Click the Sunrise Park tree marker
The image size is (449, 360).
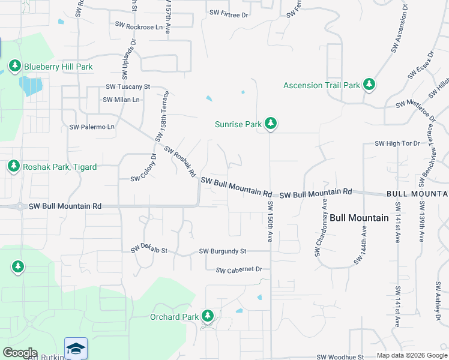click(x=271, y=124)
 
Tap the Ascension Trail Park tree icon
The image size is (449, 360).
click(x=369, y=85)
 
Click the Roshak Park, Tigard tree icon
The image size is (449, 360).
click(x=14, y=166)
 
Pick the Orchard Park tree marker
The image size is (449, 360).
click(x=208, y=316)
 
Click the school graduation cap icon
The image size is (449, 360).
click(x=76, y=349)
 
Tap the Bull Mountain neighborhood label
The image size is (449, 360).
click(x=359, y=218)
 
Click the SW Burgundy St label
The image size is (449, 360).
click(x=223, y=251)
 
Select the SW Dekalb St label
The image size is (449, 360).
click(x=149, y=249)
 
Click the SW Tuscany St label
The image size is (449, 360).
click(x=128, y=87)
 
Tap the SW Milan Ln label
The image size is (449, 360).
click(x=121, y=100)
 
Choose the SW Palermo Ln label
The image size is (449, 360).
click(x=92, y=127)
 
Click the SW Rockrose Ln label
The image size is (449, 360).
click(x=139, y=27)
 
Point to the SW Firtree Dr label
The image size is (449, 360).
click(x=229, y=13)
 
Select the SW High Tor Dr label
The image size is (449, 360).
click(x=397, y=143)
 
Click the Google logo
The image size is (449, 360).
click(x=20, y=353)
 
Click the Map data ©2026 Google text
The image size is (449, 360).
click(x=412, y=356)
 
